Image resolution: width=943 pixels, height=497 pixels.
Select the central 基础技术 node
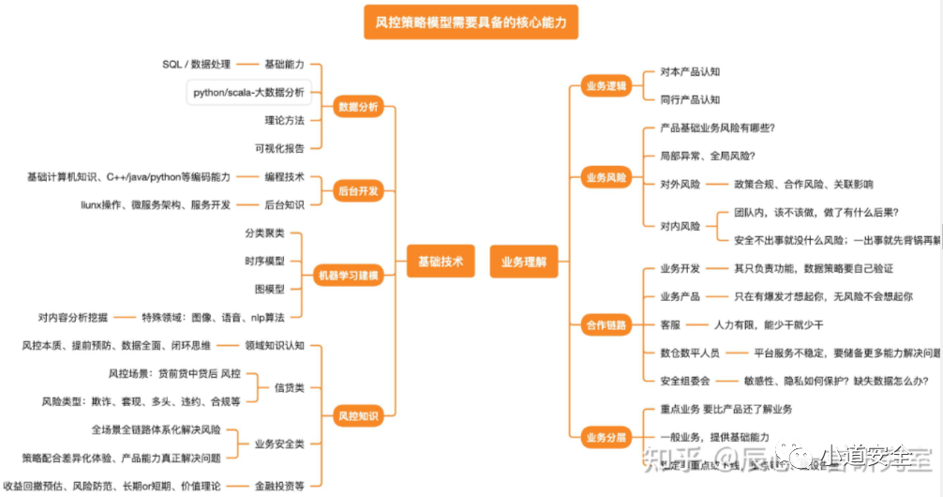pyautogui.click(x=440, y=262)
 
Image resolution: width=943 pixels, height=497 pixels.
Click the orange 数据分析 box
pyautogui.click(x=358, y=107)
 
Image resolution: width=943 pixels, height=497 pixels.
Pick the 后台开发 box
pyautogui.click(x=357, y=191)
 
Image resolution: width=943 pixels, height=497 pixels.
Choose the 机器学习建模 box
pyautogui.click(x=347, y=276)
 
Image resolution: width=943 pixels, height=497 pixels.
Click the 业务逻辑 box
pyautogui.click(x=606, y=86)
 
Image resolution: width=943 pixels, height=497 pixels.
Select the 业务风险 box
pyautogui.click(x=606, y=176)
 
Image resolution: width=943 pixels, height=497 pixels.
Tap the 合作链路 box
pyautogui.click(x=606, y=324)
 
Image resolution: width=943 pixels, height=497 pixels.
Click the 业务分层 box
pyautogui.click(x=606, y=437)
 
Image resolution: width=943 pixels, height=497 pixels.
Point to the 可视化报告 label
pyautogui.click(x=279, y=148)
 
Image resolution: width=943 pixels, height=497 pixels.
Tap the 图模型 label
pyautogui.click(x=270, y=289)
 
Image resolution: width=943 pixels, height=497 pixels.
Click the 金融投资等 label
pyautogui.click(x=279, y=486)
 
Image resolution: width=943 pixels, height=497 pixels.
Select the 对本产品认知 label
pyautogui.click(x=690, y=72)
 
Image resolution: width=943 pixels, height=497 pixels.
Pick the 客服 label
pyautogui.click(x=670, y=324)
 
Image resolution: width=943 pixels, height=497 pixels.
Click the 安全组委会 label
pyautogui.click(x=685, y=381)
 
